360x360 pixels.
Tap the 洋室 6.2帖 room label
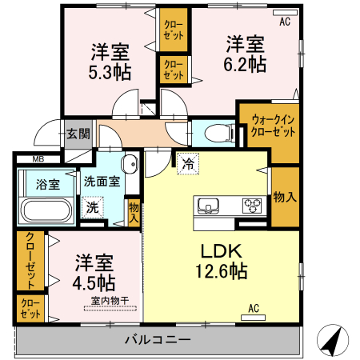245,53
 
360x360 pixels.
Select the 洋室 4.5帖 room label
94,272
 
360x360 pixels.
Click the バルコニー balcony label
157,340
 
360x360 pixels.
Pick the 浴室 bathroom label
47,184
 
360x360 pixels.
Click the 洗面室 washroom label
102,181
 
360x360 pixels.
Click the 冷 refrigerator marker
189,163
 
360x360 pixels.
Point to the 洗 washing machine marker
93,206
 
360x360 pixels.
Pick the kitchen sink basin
208,205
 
